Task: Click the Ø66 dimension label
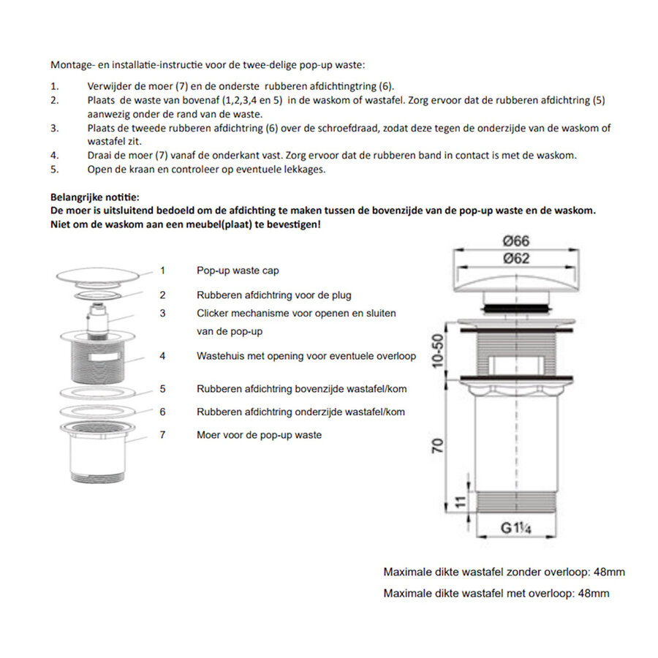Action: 516,241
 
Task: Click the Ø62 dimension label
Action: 516,258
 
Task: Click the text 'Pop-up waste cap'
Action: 238,271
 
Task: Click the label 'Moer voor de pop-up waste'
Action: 259,434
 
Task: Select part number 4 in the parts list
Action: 162,356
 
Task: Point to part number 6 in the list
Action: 162,412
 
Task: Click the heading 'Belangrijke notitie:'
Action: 94,197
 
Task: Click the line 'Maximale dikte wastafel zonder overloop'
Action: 504,572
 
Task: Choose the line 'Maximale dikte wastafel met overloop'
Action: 496,593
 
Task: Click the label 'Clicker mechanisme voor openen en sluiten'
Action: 296,313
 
